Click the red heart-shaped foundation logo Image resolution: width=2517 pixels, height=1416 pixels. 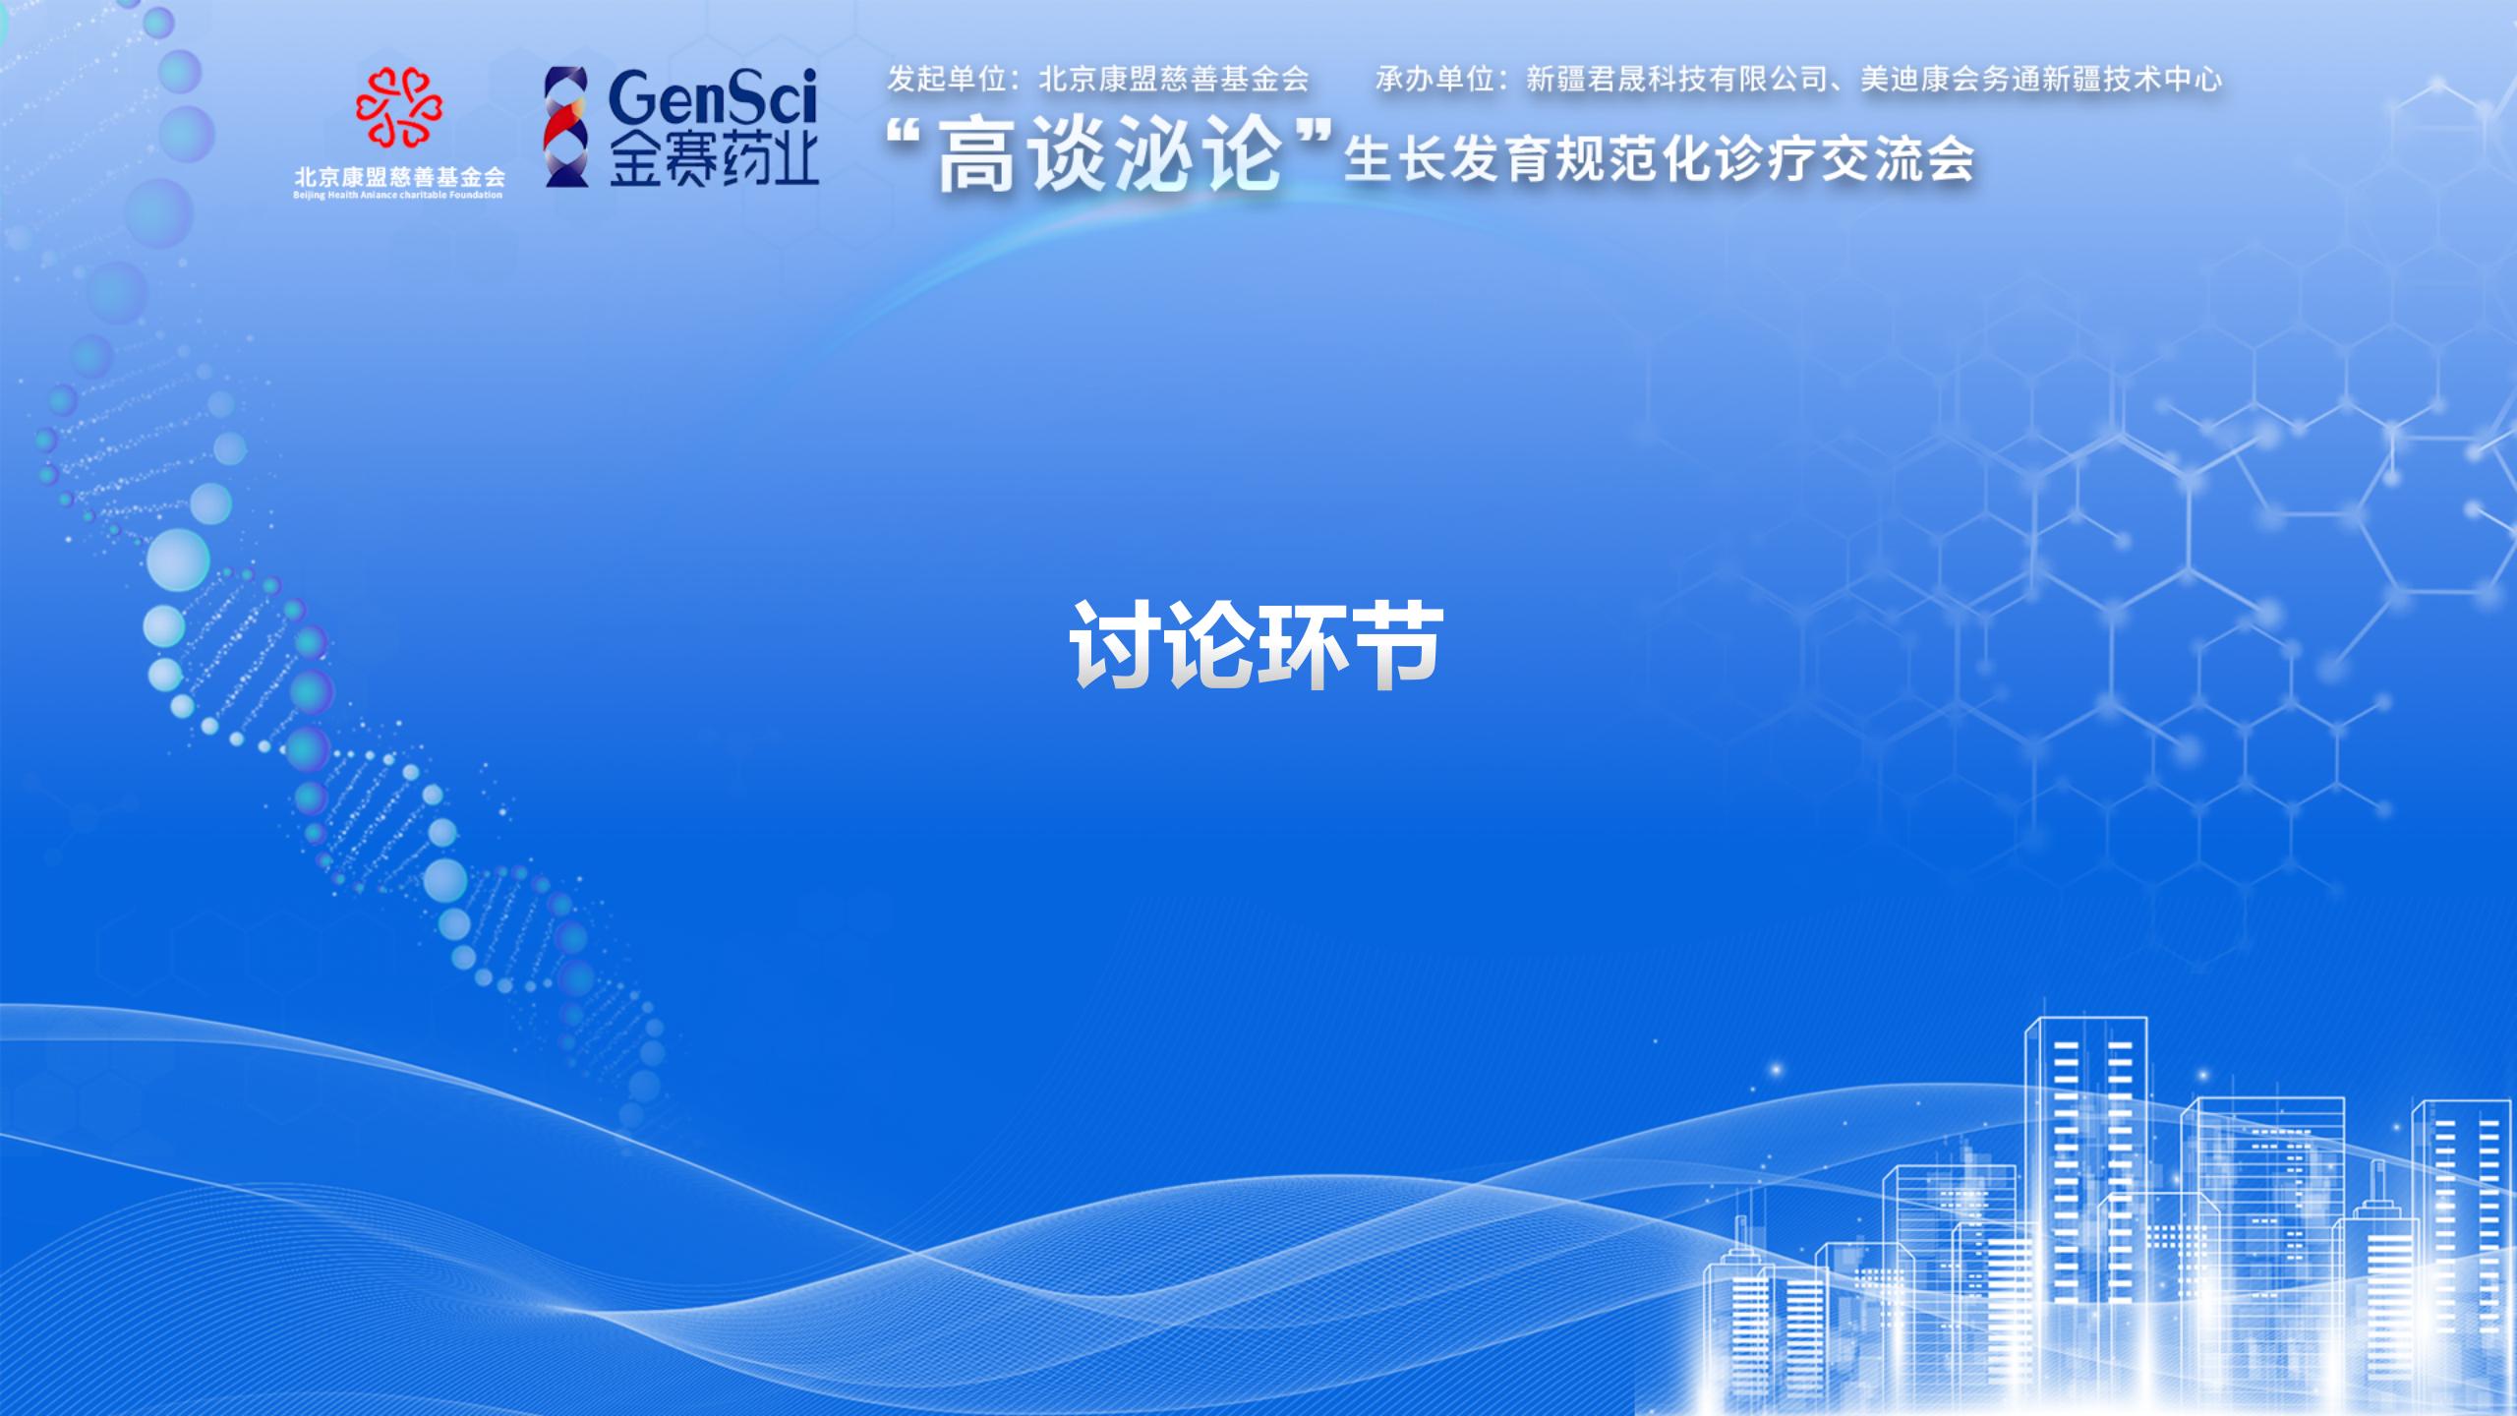[399, 106]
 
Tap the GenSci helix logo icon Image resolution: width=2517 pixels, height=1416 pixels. [567, 126]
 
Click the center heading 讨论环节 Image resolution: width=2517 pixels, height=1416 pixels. [1257, 644]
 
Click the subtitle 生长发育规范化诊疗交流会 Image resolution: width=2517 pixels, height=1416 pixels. [1659, 159]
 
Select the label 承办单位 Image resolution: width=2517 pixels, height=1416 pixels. [1434, 79]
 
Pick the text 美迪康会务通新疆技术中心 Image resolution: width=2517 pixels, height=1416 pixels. [2041, 79]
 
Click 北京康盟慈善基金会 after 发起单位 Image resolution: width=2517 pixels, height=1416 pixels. [1174, 79]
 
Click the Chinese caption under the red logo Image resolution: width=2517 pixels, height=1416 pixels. [399, 176]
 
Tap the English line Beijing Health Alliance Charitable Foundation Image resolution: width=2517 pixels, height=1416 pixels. [397, 195]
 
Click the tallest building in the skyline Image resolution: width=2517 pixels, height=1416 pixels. [2084, 1209]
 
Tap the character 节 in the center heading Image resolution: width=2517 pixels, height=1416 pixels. [1397, 644]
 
